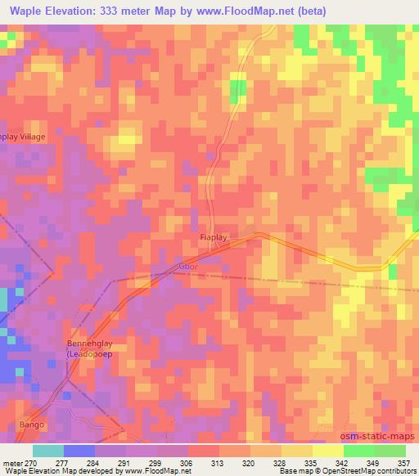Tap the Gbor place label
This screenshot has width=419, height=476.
pos(187,267)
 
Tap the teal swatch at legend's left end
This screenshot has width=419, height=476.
pos(48,451)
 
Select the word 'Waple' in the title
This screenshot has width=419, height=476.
pos(26,11)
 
